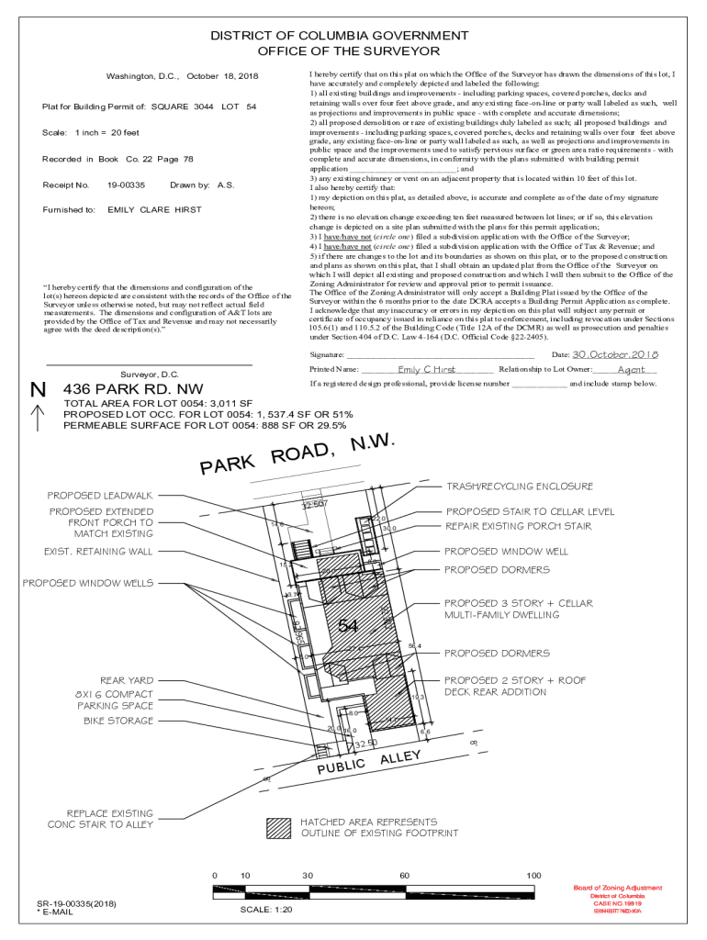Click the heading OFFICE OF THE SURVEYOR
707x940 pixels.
(x=348, y=51)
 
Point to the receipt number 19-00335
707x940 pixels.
(x=126, y=185)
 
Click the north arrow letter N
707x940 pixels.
(x=38, y=390)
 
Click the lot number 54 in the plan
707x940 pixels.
(x=347, y=626)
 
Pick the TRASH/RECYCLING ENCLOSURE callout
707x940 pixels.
(x=519, y=487)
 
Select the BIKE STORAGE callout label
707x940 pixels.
(x=114, y=722)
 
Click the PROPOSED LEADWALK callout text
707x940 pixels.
(x=100, y=496)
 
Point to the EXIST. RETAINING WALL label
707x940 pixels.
(x=98, y=552)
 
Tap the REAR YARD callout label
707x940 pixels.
(x=127, y=680)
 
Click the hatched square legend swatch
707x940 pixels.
(x=277, y=827)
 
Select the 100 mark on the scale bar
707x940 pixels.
(x=533, y=876)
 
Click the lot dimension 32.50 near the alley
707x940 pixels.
(x=365, y=743)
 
